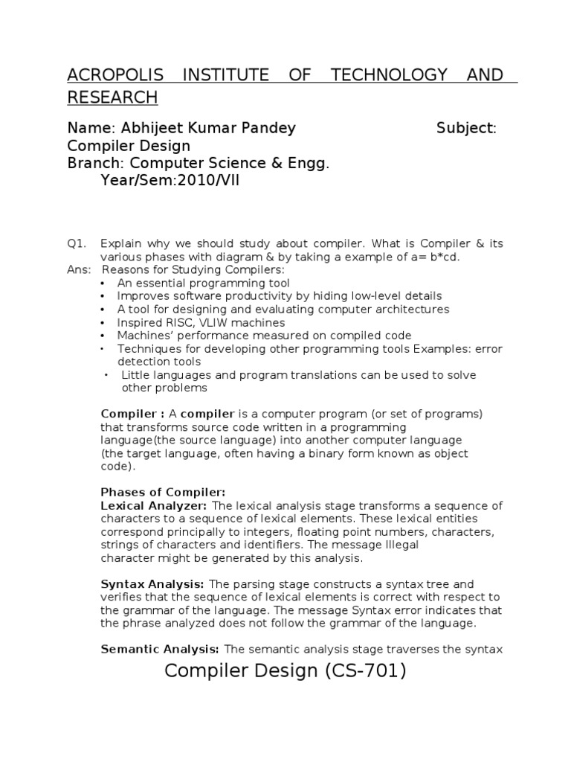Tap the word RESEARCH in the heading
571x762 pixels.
(112, 97)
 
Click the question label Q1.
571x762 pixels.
(77, 243)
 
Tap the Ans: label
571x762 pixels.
(78, 269)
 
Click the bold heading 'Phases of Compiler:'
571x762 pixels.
(163, 493)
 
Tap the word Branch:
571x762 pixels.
(97, 163)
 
